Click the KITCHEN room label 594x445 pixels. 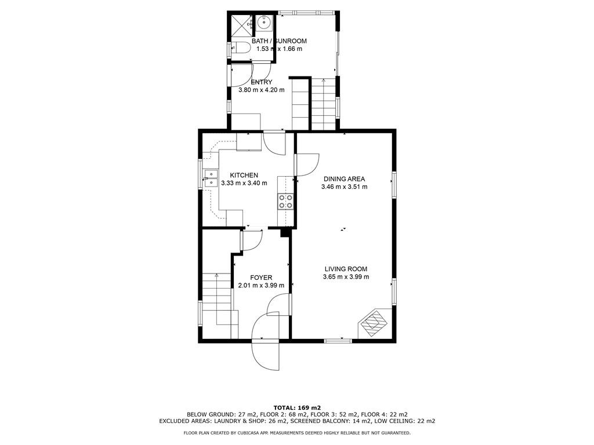(x=244, y=175)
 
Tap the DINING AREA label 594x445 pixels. (x=344, y=178)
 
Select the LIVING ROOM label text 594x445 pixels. (x=346, y=269)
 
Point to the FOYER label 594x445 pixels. (x=261, y=278)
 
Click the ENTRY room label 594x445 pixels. (x=262, y=82)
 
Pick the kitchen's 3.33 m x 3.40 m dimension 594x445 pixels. (x=244, y=183)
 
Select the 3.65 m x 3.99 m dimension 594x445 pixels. (x=346, y=277)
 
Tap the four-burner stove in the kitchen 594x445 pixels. (x=285, y=201)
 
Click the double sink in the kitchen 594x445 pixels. (x=210, y=179)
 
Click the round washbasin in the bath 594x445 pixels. (x=263, y=23)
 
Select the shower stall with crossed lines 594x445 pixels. (x=241, y=25)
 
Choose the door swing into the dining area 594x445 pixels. (x=307, y=165)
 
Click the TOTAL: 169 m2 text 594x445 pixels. (x=297, y=407)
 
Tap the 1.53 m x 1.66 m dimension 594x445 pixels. (x=279, y=49)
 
